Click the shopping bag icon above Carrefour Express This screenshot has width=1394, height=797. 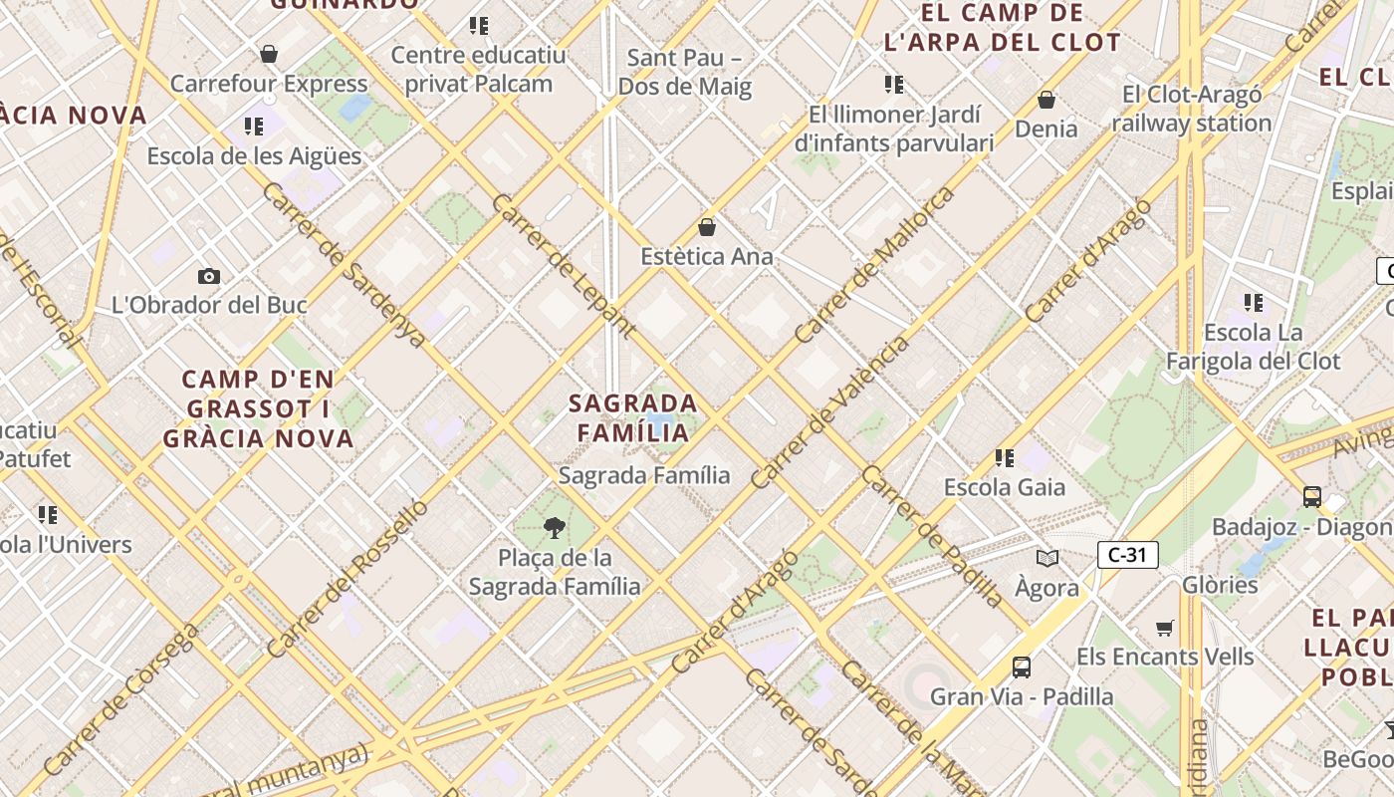[268, 54]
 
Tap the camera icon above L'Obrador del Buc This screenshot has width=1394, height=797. [209, 276]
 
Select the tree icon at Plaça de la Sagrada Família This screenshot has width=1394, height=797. [555, 528]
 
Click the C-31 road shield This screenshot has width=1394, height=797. [1127, 554]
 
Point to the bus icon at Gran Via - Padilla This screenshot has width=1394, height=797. [1021, 666]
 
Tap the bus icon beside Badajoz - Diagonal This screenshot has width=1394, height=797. [1312, 496]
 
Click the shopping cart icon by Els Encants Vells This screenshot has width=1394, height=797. [1165, 628]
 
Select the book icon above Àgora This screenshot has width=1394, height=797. [1046, 559]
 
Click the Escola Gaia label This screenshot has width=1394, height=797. [1005, 487]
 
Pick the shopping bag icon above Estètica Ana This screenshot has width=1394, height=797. [707, 227]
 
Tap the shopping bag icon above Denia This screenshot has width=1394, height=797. [1046, 100]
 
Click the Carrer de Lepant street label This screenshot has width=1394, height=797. [564, 266]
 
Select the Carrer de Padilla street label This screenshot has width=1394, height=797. [933, 536]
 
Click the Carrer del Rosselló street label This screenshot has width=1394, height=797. [348, 578]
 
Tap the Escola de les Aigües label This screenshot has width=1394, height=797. [254, 156]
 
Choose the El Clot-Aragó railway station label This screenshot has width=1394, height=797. [1192, 109]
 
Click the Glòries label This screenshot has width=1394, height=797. [1221, 585]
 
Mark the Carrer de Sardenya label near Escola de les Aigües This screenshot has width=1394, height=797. [344, 265]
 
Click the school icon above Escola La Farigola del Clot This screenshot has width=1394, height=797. [1253, 302]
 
